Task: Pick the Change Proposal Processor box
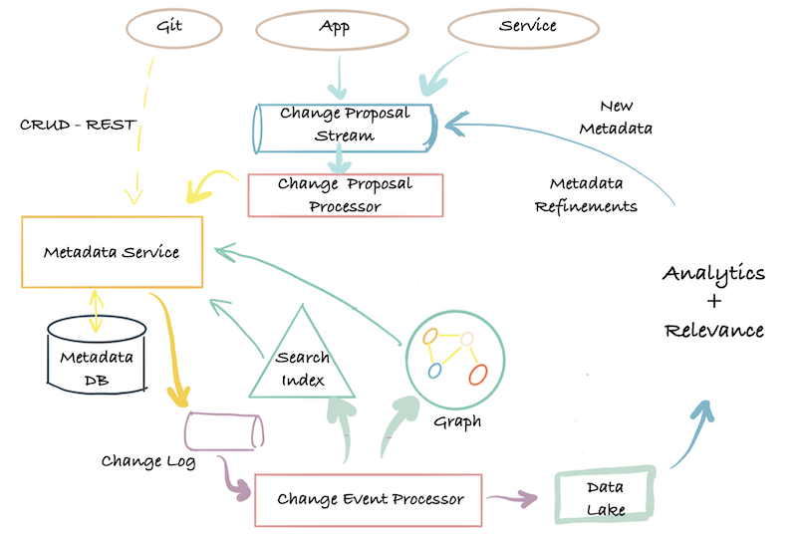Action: click(x=345, y=195)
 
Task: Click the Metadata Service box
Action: click(x=112, y=252)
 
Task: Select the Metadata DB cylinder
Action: click(x=98, y=357)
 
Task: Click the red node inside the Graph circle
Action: click(x=477, y=375)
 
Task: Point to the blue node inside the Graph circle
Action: click(x=434, y=371)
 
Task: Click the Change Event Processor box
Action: click(x=370, y=499)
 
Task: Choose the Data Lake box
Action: click(x=606, y=496)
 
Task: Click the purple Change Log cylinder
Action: click(x=224, y=431)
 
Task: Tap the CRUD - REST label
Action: click(x=78, y=126)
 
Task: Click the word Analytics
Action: click(x=713, y=273)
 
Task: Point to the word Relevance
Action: click(x=713, y=330)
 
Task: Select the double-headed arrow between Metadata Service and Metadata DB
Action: click(x=96, y=310)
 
